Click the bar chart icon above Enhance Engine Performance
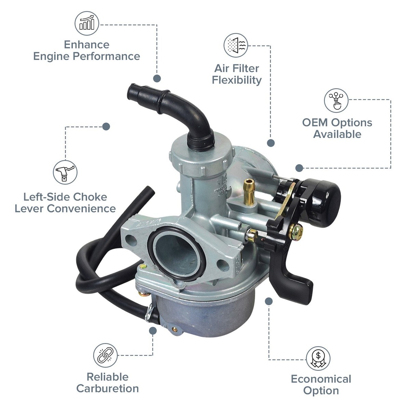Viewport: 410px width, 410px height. pos(87,23)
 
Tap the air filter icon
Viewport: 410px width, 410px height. pos(236,45)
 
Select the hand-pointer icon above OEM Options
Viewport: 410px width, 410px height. pos(336,100)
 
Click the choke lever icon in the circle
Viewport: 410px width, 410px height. pos(65,172)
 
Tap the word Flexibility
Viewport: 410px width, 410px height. pos(237,80)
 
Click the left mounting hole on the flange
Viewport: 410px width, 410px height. pos(131,240)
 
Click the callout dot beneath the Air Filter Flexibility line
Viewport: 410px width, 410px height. pos(271,143)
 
